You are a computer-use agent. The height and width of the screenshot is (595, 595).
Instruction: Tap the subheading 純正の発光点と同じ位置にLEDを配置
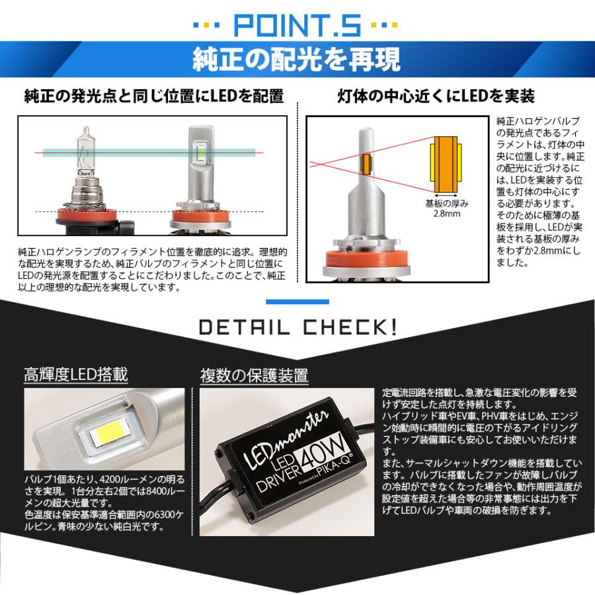coord(153,97)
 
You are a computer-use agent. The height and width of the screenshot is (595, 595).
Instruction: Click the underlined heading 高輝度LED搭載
coord(75,375)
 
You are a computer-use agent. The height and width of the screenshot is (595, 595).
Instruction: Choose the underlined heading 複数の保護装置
coord(254,376)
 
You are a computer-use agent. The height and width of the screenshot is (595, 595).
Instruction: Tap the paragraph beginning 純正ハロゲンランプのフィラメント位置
coord(152,270)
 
